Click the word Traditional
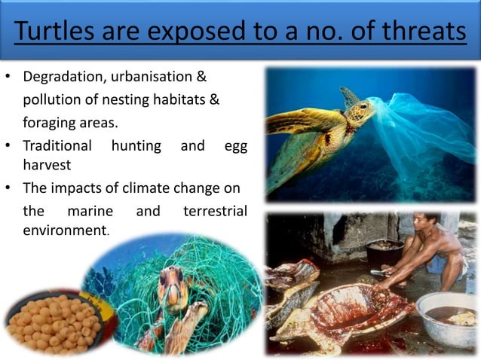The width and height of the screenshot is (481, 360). tap(57, 145)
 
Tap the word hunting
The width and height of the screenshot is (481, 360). tap(136, 145)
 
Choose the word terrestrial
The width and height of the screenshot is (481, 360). tap(215, 211)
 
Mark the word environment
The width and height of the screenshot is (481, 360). tap(65, 230)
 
